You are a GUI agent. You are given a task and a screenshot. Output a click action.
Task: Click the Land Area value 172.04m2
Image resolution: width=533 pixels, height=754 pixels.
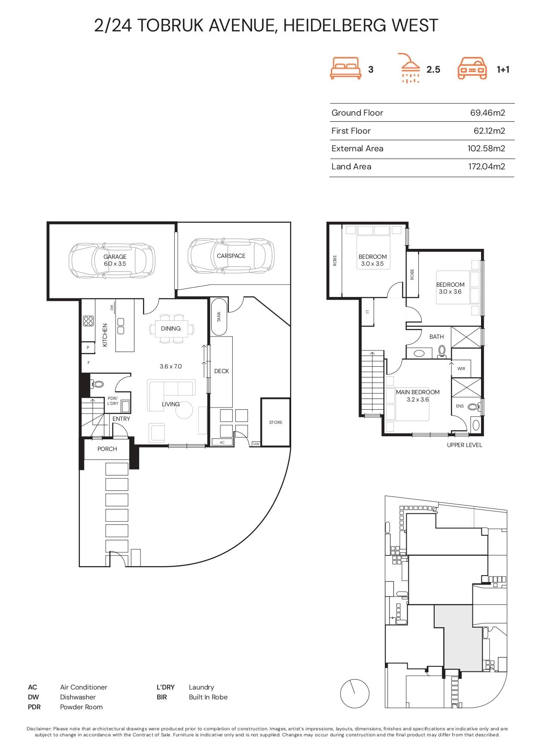click(x=487, y=166)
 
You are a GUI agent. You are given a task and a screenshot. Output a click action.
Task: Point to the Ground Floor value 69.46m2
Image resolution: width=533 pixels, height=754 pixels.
click(x=487, y=113)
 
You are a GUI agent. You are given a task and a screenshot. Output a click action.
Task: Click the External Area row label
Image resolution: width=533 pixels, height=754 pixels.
click(x=357, y=148)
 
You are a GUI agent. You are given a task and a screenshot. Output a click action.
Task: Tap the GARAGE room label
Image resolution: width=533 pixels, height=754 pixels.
click(x=115, y=257)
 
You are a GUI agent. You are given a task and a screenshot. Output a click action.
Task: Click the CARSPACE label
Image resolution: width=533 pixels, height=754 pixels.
click(x=231, y=256)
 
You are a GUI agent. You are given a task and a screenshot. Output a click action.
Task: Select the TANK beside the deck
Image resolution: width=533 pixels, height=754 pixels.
click(x=219, y=316)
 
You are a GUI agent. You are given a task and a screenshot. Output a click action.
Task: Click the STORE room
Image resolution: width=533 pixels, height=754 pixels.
click(x=275, y=422)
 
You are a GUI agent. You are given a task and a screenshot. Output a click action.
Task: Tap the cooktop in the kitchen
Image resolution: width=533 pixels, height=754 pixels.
click(x=88, y=321)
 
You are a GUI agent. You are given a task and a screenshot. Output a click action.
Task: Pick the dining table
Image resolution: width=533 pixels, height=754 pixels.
click(x=171, y=328)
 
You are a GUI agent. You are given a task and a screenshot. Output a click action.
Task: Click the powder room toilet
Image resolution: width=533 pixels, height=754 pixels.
click(x=97, y=384)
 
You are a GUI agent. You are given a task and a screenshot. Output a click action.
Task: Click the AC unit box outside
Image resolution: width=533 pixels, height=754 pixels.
click(x=222, y=442)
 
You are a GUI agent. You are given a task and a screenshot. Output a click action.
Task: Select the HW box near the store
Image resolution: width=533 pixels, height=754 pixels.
click(x=256, y=444)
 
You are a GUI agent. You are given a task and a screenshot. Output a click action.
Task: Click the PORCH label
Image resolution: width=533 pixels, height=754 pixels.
click(x=107, y=449)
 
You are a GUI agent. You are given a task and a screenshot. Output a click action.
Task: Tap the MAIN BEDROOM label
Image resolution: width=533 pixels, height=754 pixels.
click(x=417, y=392)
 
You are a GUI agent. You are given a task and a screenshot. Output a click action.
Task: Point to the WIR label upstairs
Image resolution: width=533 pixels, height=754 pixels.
click(x=461, y=368)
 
